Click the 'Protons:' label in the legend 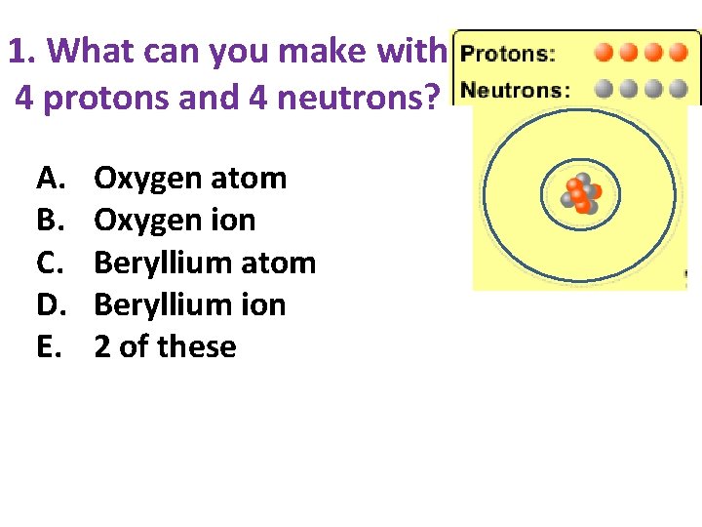coord(508,54)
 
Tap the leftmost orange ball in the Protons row coord(604,52)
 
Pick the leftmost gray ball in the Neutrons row coord(604,90)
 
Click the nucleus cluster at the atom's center coord(581,194)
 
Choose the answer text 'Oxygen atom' coord(190,179)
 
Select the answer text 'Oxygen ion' coord(175,221)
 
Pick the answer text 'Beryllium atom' coord(205,263)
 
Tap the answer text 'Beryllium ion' coord(189,304)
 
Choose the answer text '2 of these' coord(165,346)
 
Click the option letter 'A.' coord(52,179)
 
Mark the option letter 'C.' coord(52,263)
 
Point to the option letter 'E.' coord(50,346)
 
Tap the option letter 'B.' coord(51,221)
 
